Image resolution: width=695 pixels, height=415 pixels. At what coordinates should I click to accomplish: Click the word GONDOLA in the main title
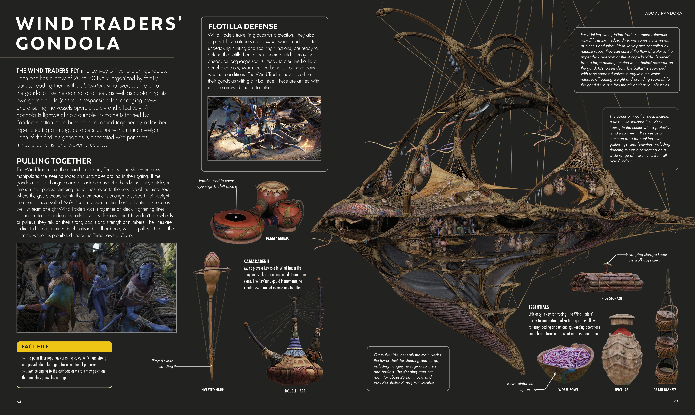68,44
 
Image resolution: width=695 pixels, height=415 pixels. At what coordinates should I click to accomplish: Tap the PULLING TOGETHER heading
54,161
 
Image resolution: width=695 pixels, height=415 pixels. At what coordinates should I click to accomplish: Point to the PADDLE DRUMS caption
277,239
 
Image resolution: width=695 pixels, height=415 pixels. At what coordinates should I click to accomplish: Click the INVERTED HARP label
212,390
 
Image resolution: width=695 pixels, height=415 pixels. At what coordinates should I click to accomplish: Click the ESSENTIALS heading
538,307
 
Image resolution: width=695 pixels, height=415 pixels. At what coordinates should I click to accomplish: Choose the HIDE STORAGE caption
612,298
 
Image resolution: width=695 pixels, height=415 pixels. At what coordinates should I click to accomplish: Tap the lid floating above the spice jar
622,319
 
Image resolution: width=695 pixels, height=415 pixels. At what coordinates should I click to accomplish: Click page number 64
19,402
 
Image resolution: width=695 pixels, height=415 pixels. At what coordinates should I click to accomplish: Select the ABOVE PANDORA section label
663,13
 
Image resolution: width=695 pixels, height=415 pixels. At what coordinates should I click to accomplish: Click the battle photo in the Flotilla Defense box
264,128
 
